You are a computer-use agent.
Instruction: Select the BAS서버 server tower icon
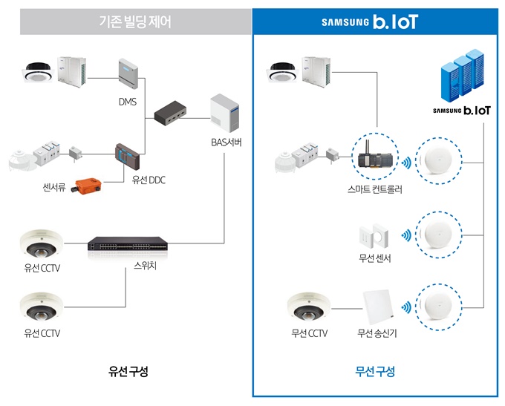point(227,116)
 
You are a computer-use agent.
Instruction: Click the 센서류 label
point(55,187)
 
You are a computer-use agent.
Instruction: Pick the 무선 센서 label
point(374,258)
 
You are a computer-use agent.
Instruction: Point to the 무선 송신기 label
point(377,333)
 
